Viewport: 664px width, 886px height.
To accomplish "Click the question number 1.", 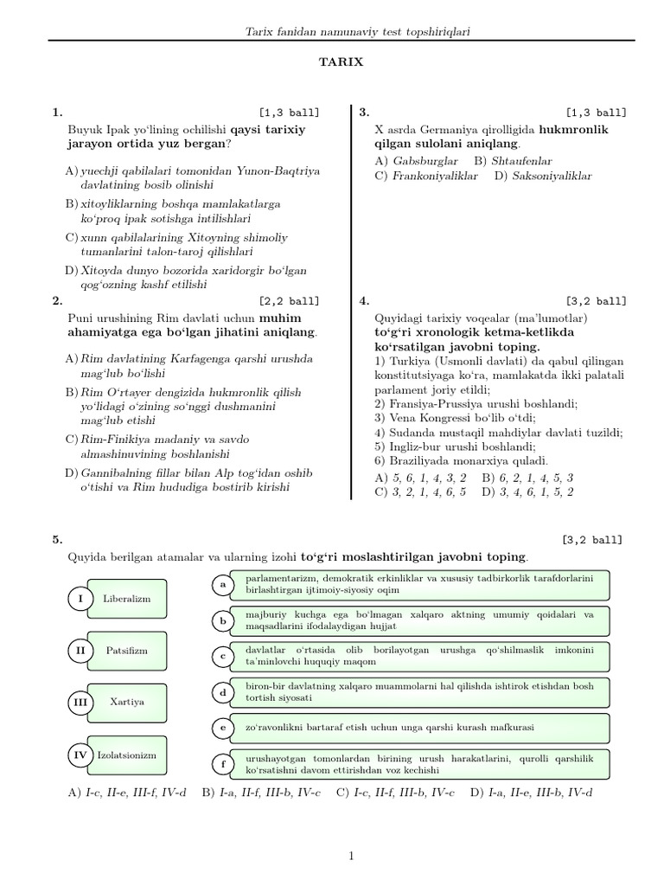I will pyautogui.click(x=57, y=112).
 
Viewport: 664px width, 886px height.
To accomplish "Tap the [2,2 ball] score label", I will pyautogui.click(x=288, y=301).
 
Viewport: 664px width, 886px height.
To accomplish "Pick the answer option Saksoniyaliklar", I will pyautogui.click(x=552, y=176).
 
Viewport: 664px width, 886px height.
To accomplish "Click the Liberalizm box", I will pyautogui.click(x=126, y=598).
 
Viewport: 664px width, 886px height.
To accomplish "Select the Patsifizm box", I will pyautogui.click(x=126, y=650).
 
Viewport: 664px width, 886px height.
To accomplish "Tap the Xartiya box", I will pyautogui.click(x=126, y=702).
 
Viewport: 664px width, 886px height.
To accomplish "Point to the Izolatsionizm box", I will pyautogui.click(x=126, y=755).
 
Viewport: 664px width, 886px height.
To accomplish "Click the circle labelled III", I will pyautogui.click(x=80, y=703).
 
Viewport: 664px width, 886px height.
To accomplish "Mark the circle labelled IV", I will pyautogui.click(x=80, y=755).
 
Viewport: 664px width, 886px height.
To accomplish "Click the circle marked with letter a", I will pyautogui.click(x=222, y=586).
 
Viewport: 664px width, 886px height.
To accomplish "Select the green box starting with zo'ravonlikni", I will pyautogui.click(x=415, y=728).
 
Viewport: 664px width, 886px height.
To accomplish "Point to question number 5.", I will pyautogui.click(x=57, y=539).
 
